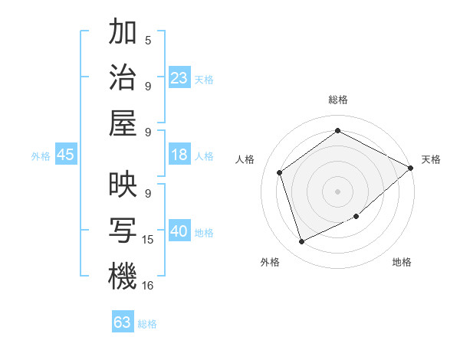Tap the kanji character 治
tap(123, 77)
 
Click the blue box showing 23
tap(179, 78)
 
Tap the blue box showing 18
tap(179, 155)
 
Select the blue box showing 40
tap(179, 232)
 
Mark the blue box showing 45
tap(66, 155)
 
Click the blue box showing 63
tap(123, 322)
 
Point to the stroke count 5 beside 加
tap(148, 41)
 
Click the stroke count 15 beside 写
tap(148, 240)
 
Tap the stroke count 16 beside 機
tap(148, 285)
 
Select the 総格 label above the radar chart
tap(338, 100)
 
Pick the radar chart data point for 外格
tap(301, 242)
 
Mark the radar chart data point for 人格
tap(279, 172)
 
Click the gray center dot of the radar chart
tap(338, 191)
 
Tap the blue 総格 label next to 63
tap(147, 324)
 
